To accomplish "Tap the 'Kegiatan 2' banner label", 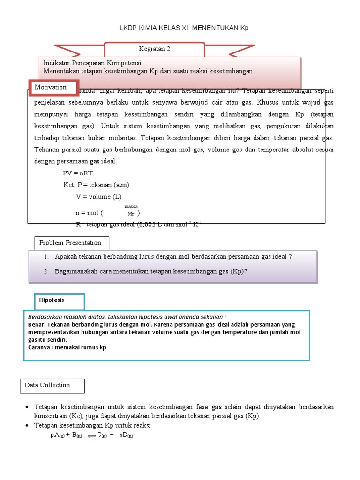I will pos(154,49).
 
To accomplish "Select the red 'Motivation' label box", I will pos(51,88).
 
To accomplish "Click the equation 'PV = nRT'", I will pos(79,173).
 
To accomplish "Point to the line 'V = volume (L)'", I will pos(98,196).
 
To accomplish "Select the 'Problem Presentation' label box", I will pos(70,243).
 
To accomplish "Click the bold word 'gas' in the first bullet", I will pos(217,407).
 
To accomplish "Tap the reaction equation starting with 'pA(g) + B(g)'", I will pos(92,435).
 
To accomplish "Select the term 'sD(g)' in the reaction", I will pos(127,435).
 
